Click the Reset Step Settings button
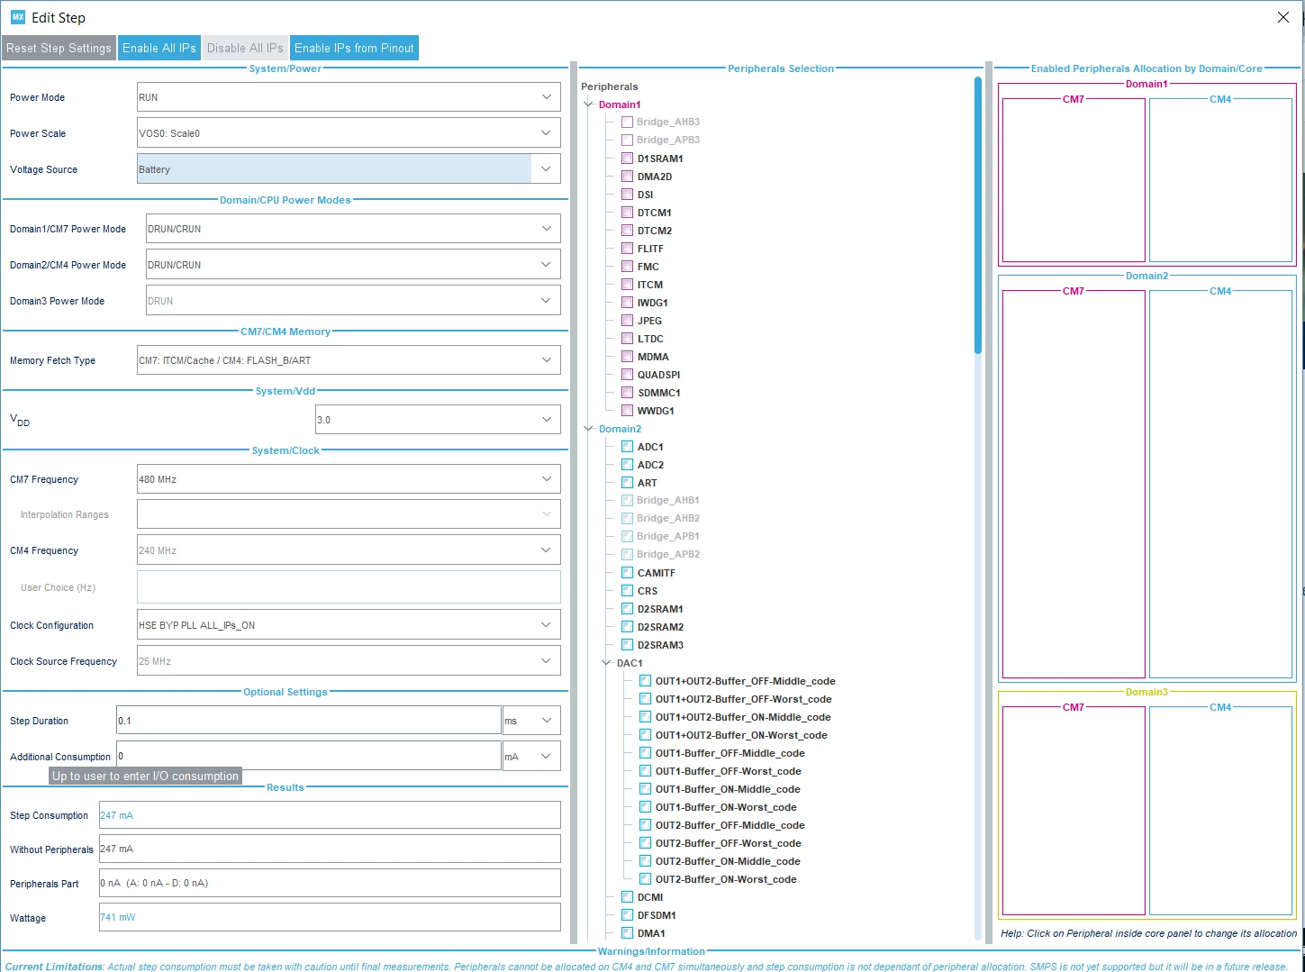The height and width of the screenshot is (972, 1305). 59,49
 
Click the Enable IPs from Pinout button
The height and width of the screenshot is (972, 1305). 354,49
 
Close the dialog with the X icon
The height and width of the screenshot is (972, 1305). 1283,18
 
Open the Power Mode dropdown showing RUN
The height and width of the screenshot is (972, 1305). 349,97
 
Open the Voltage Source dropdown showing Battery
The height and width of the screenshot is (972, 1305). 349,169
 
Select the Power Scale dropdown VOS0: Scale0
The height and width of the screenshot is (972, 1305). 349,133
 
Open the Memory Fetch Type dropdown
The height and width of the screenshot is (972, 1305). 349,360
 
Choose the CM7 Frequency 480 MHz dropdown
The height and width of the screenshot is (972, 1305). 349,479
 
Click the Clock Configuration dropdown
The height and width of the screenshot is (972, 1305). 349,625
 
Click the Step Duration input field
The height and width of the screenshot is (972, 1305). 308,721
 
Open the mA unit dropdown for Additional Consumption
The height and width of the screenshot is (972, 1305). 531,757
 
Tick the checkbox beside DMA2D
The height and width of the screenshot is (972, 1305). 627,177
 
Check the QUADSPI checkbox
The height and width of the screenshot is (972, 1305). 627,375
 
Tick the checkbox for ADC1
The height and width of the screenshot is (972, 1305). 627,447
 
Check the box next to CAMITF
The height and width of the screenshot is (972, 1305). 627,573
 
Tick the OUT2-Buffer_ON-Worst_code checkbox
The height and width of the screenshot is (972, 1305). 646,879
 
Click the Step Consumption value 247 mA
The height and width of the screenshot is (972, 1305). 116,815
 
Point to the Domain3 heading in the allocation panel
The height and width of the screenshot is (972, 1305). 1146,693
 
